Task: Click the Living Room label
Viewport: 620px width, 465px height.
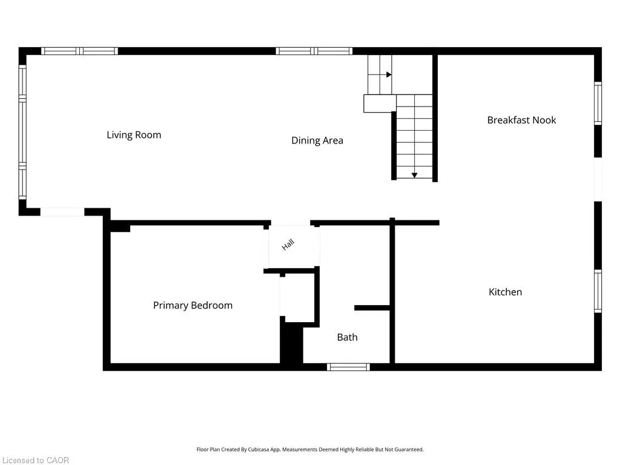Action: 134,135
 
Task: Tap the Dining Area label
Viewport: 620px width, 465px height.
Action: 317,140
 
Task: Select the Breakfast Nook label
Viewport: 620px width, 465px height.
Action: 521,120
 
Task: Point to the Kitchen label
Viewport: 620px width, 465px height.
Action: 506,292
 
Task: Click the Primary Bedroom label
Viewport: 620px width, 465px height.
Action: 193,305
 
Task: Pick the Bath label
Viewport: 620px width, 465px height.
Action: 347,337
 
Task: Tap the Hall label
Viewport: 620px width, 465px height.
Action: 288,245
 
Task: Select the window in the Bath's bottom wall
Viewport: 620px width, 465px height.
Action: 348,367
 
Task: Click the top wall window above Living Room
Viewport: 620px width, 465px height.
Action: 79,51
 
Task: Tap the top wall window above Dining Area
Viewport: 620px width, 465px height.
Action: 314,51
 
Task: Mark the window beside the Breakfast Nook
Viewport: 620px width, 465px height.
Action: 598,103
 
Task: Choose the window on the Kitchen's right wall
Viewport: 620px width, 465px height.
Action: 598,291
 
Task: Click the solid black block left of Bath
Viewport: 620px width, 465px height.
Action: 291,343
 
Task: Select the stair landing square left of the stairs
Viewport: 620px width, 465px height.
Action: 380,104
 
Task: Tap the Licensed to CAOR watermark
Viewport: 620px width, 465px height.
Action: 36,460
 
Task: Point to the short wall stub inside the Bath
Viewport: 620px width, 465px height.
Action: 372,308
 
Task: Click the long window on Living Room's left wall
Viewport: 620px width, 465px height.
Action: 22,132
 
